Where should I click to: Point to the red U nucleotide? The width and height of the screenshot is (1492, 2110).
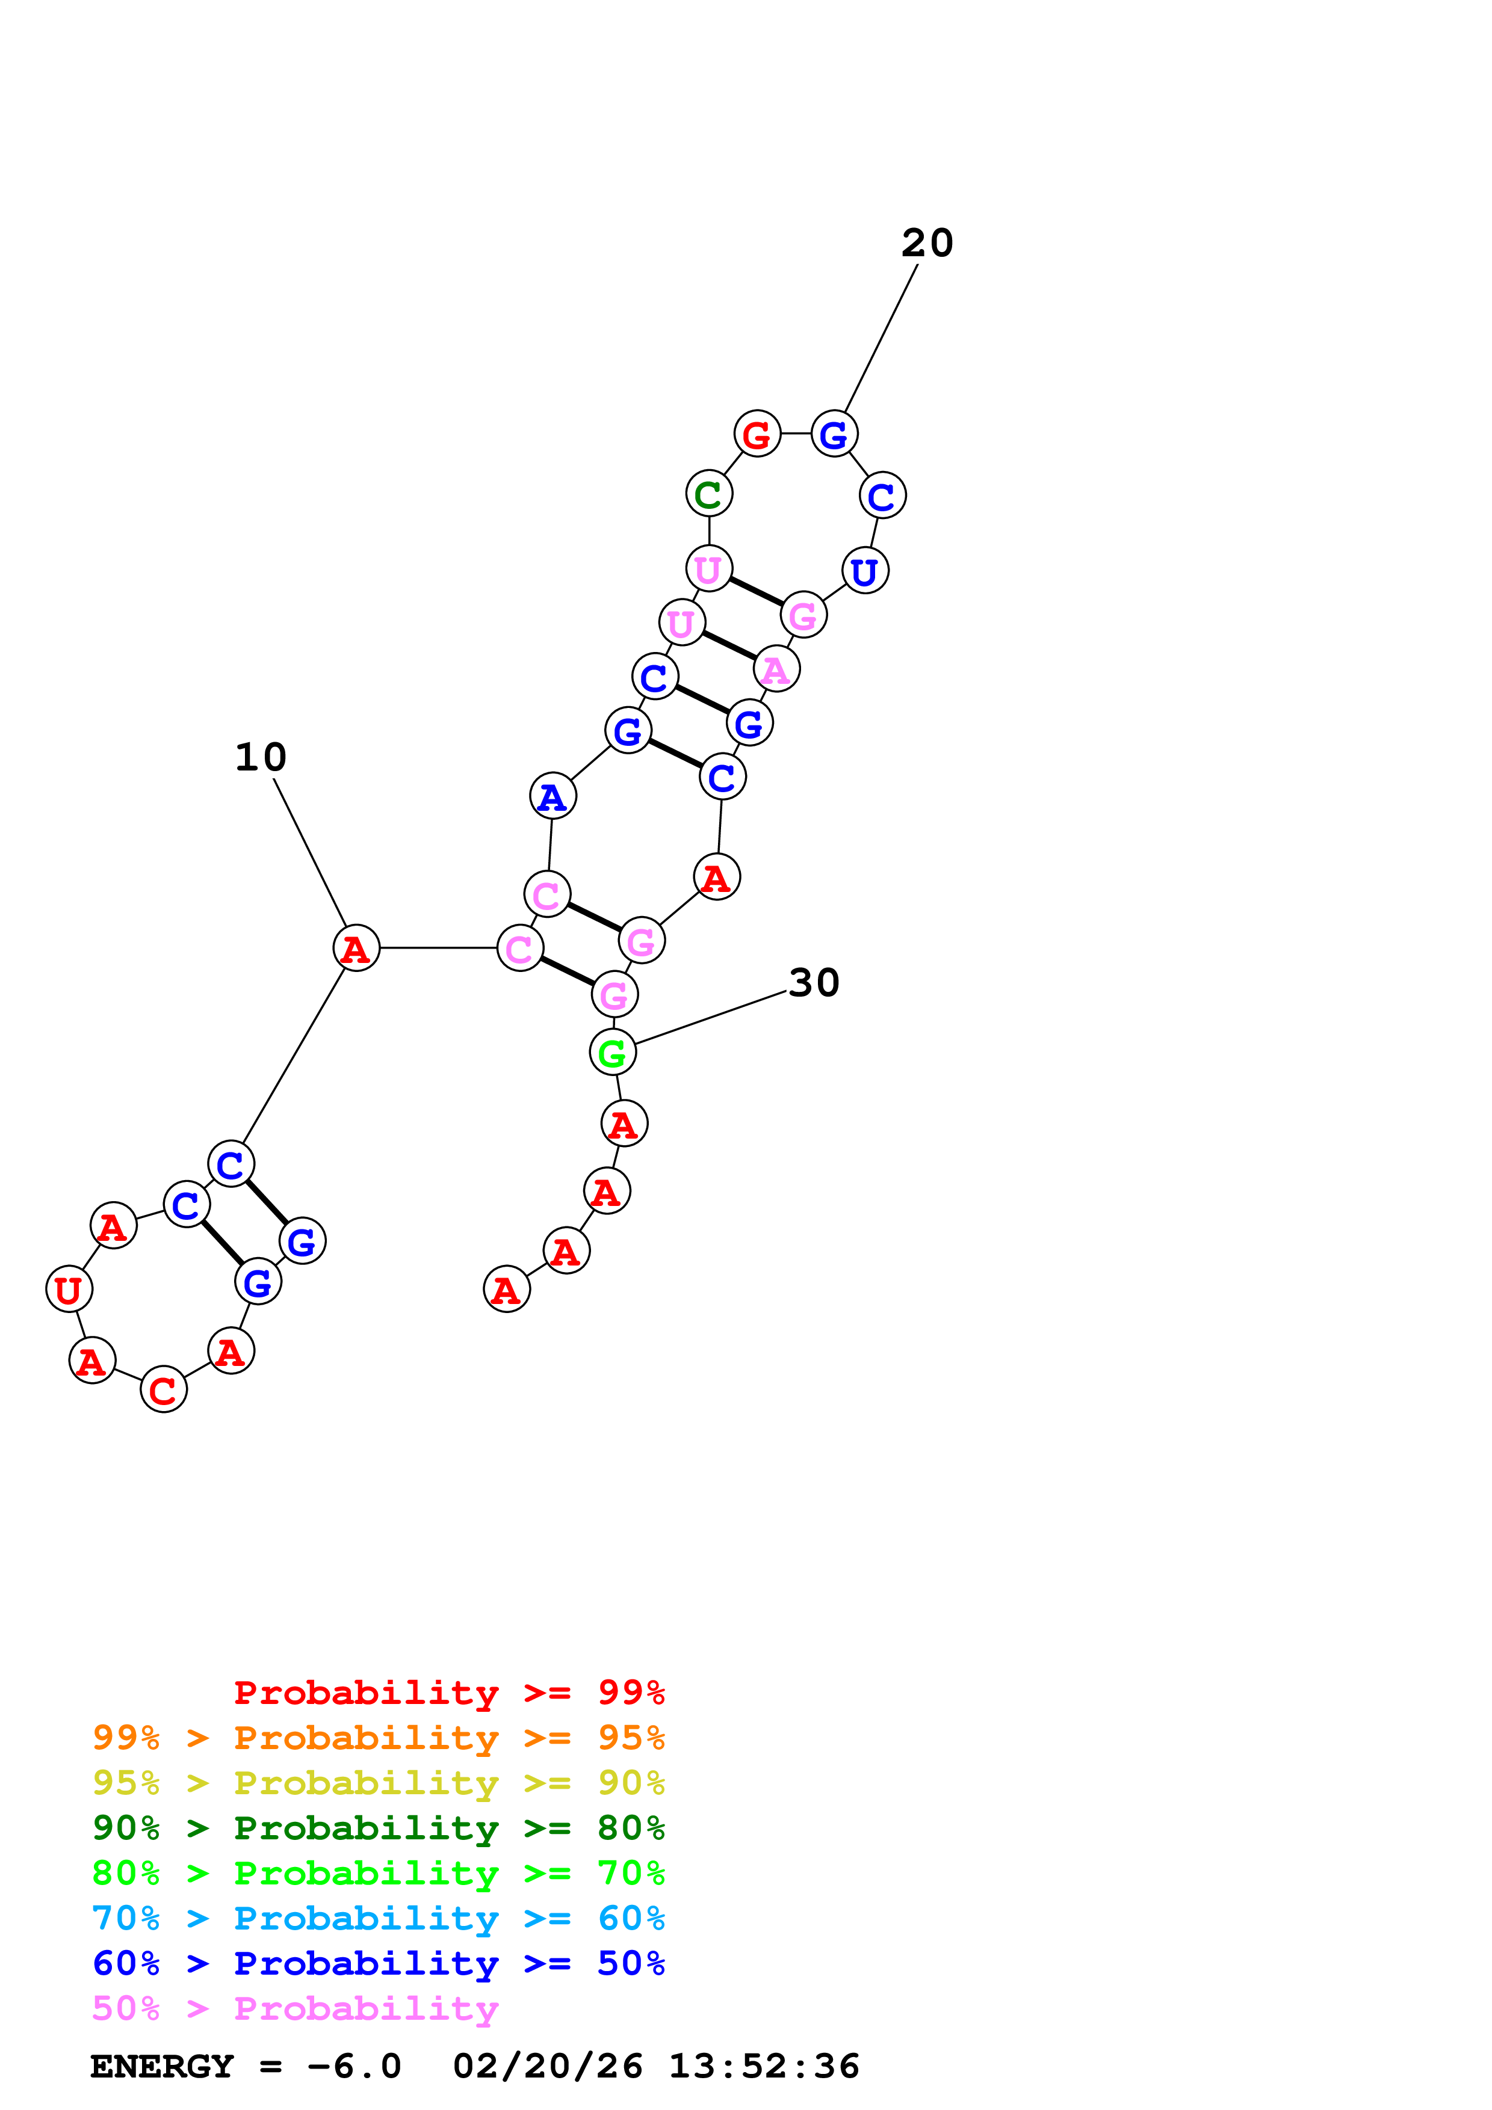pos(69,1290)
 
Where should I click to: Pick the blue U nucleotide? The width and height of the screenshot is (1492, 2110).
pos(864,571)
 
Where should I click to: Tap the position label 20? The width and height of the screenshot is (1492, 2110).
pos(927,244)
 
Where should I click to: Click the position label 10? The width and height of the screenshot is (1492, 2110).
pos(261,757)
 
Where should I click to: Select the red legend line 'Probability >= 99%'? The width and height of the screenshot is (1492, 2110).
pos(448,1693)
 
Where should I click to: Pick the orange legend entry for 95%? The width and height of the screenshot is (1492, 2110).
pos(378,1738)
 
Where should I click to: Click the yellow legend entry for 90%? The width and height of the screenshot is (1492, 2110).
pos(378,1783)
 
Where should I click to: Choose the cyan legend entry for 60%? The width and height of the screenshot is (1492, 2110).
pos(378,1918)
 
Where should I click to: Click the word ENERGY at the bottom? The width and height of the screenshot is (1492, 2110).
pos(162,2066)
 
